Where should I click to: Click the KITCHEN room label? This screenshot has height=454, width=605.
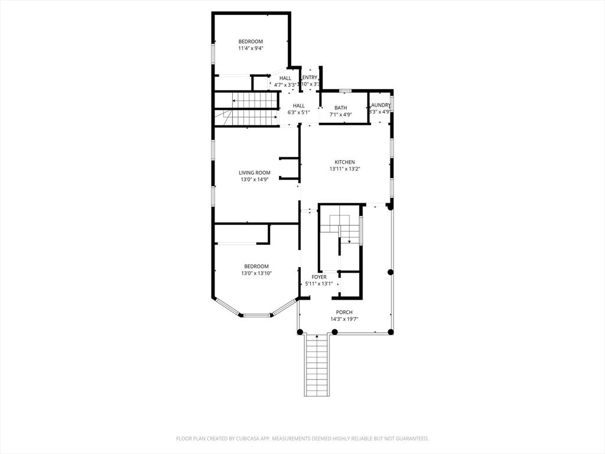click(344, 162)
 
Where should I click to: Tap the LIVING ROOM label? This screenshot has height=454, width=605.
click(255, 173)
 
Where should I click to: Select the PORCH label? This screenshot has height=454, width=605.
click(344, 312)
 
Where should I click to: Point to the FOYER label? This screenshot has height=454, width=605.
click(319, 277)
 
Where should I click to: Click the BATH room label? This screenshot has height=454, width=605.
click(340, 108)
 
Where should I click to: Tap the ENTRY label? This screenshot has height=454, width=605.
click(310, 77)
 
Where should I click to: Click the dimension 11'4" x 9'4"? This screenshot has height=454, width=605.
click(251, 48)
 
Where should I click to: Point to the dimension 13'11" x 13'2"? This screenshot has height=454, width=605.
click(344, 169)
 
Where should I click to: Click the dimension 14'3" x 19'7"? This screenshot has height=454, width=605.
click(344, 319)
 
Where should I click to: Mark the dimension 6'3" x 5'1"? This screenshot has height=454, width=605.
click(298, 112)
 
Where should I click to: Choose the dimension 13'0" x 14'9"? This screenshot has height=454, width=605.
click(255, 180)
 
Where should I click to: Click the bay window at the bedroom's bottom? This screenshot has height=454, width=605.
click(256, 315)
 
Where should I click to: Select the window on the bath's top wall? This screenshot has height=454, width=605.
click(346, 90)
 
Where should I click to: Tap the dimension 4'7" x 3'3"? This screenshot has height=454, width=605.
click(285, 85)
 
